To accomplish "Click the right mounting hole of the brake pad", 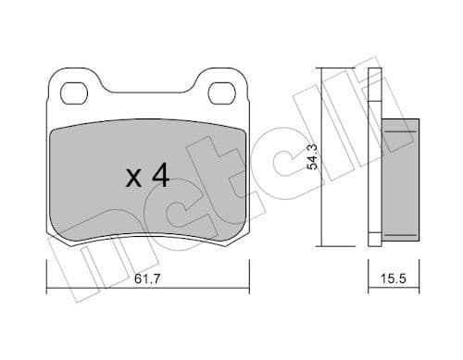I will tap(221, 93).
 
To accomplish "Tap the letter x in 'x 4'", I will tap(133, 178).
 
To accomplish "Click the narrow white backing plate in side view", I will tap(375, 157).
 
